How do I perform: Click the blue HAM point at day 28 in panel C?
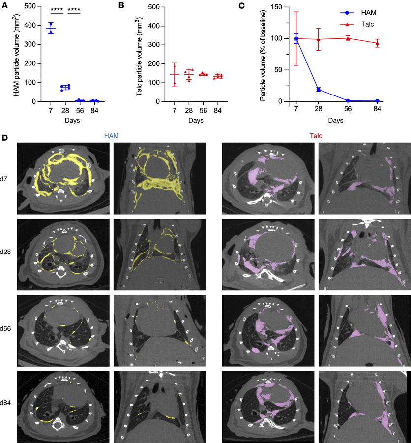click(x=318, y=89)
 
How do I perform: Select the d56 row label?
click(x=7, y=329)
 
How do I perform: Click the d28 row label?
click(x=7, y=252)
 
